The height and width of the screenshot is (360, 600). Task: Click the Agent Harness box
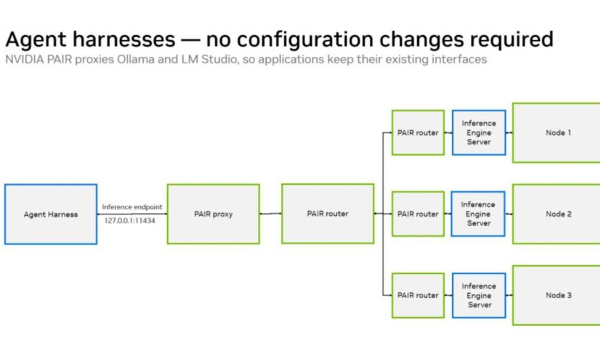point(51,214)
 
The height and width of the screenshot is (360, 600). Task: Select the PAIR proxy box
point(213,214)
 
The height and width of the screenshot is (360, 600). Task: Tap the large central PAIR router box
point(328,214)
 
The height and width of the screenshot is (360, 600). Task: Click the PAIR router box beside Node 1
point(418,132)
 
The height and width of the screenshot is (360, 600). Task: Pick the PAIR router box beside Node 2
point(418,214)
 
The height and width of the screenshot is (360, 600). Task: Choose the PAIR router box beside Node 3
point(418,295)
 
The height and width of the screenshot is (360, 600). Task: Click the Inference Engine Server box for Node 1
point(479,132)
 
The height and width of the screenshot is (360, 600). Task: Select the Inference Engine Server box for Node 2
point(478,214)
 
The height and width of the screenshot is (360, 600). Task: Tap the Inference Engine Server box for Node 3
point(479,295)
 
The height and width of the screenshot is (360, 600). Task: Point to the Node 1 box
point(556,132)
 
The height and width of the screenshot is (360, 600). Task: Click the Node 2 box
point(556,214)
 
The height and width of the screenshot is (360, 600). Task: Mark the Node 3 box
point(556,295)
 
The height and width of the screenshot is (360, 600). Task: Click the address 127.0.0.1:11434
point(130,221)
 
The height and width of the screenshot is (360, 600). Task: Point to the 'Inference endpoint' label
point(132,207)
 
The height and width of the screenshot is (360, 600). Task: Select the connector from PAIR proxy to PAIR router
point(270,214)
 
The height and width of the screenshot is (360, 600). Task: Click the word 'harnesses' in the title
point(124,39)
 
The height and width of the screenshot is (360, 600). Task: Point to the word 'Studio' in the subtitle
point(220,60)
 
